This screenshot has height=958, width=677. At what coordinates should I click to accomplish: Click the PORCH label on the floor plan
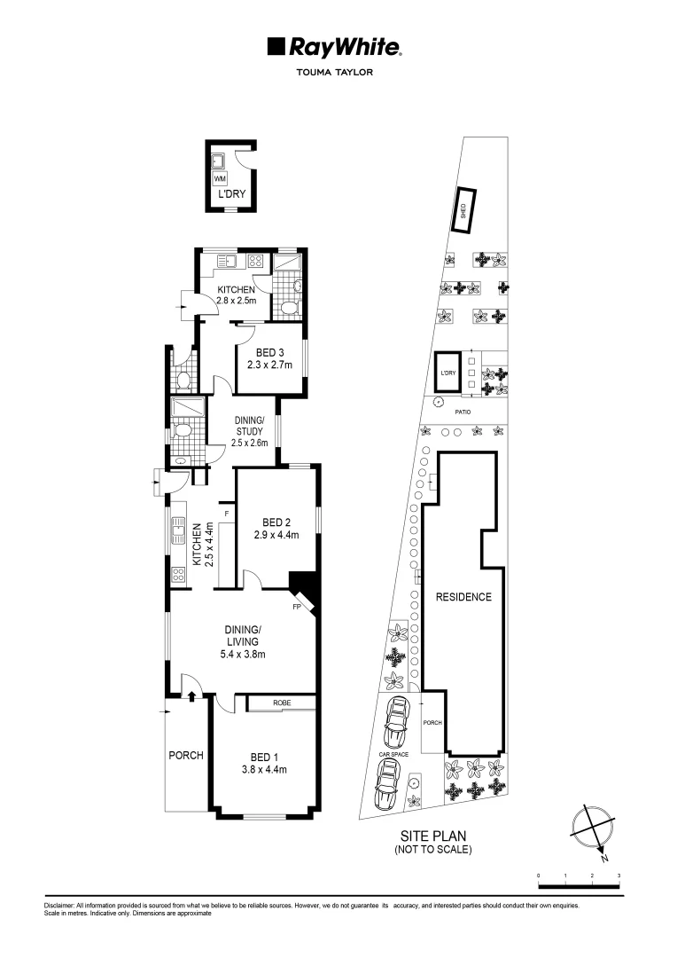tap(186, 756)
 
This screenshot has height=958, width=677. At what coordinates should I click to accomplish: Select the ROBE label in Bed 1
tap(282, 703)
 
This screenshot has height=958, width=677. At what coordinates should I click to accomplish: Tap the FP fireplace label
tap(298, 609)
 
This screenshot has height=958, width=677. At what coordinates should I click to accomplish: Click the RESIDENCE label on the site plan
tap(463, 597)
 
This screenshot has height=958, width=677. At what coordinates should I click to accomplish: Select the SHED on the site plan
tap(463, 211)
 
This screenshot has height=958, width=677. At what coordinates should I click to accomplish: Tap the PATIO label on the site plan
tap(463, 412)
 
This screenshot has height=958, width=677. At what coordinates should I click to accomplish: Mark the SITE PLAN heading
tap(432, 836)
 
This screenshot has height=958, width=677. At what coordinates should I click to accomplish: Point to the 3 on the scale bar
tap(619, 876)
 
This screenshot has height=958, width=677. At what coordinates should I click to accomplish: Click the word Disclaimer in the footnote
tap(60, 906)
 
